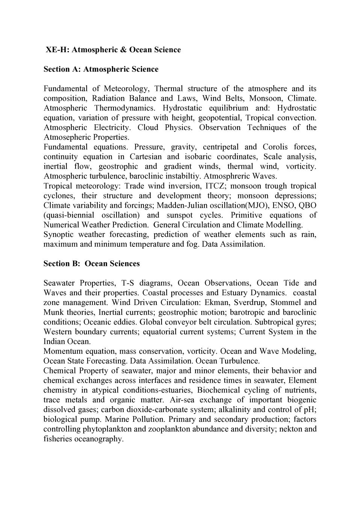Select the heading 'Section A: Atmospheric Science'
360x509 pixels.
(101, 69)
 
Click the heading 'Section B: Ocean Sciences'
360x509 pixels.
(91, 264)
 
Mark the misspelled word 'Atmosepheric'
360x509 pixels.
(67, 137)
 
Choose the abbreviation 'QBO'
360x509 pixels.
(307, 205)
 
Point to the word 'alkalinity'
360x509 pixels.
(236, 410)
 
